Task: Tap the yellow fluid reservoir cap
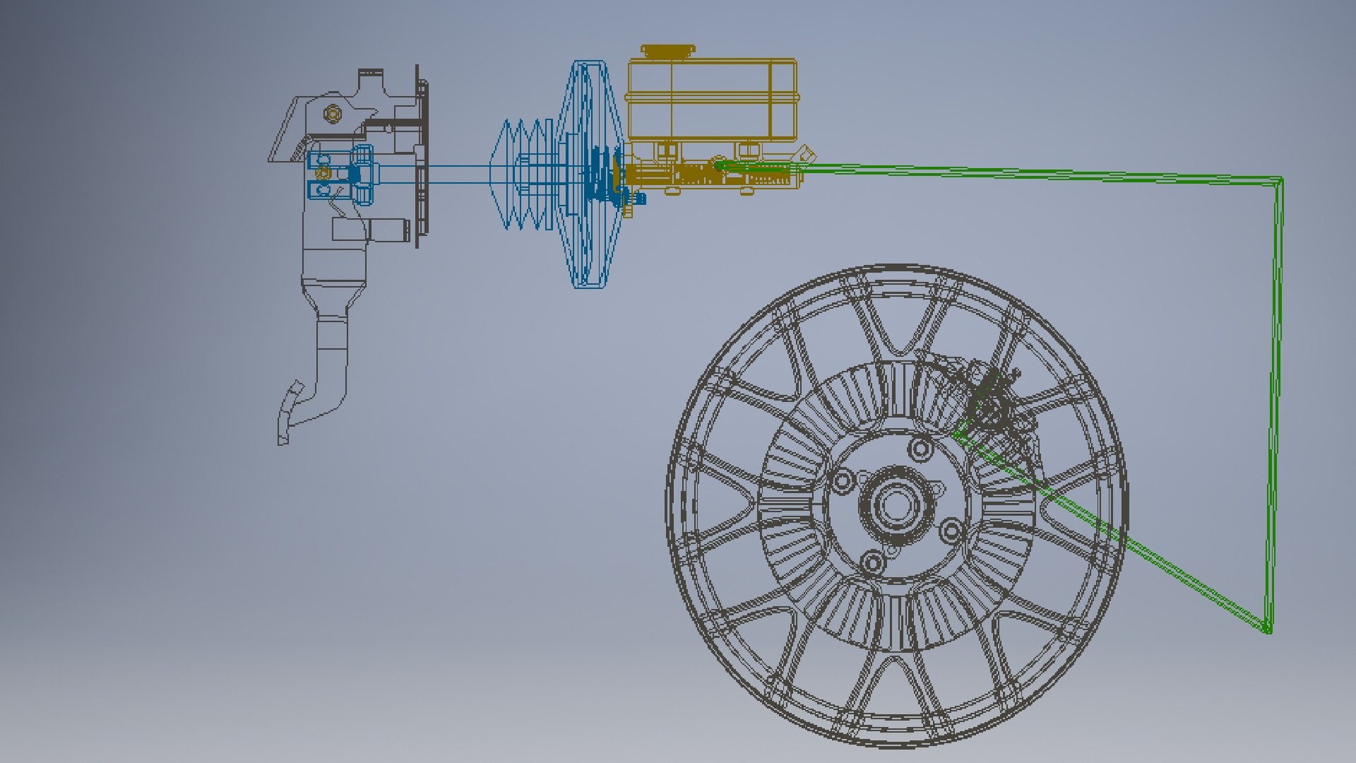(667, 52)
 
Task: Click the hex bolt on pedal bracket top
(332, 113)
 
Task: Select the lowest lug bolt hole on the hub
(873, 562)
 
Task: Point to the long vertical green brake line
(1275, 403)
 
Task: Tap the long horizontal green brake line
(1024, 172)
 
